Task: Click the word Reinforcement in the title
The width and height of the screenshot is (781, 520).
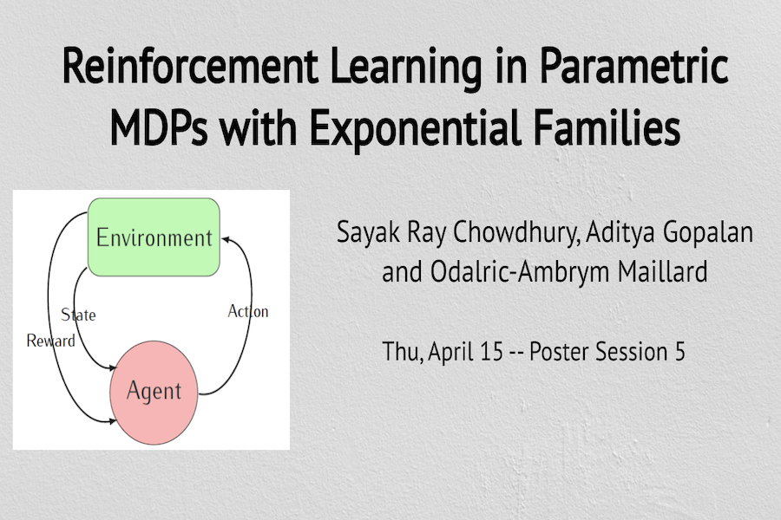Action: click(x=190, y=66)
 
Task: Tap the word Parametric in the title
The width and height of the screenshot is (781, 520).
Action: click(x=633, y=66)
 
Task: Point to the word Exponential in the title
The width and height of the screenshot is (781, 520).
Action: click(x=416, y=128)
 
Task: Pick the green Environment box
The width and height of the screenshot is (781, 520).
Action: click(x=154, y=237)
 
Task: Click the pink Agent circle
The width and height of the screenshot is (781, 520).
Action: click(x=154, y=392)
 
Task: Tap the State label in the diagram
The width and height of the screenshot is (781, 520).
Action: click(x=78, y=315)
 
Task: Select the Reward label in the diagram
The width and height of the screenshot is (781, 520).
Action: click(x=51, y=341)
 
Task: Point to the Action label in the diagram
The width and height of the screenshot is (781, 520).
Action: click(x=248, y=311)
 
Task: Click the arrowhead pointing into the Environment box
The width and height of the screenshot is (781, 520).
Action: click(x=225, y=239)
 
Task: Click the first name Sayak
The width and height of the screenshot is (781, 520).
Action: click(x=368, y=232)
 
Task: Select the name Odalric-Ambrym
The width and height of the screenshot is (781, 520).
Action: click(x=520, y=272)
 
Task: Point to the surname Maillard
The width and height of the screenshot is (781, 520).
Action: click(x=662, y=271)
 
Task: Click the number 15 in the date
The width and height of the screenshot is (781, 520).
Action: click(x=492, y=351)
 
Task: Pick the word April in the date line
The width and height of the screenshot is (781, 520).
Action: click(x=450, y=353)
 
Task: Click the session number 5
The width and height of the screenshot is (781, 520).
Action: click(x=680, y=351)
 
